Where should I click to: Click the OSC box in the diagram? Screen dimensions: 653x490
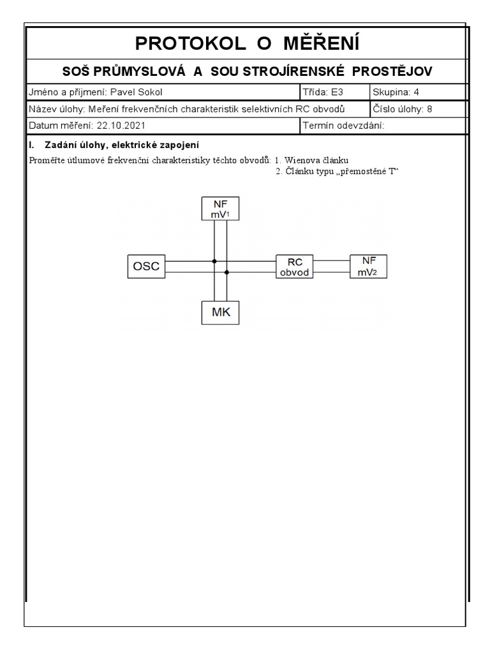[x=146, y=266]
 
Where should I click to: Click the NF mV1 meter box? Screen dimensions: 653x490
[x=219, y=209]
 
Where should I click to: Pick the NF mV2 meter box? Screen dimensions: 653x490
[x=369, y=267]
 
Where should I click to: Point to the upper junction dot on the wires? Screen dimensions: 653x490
[x=214, y=261]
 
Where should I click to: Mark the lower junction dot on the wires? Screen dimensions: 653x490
[x=227, y=272]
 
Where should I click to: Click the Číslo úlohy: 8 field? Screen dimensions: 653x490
[x=402, y=109]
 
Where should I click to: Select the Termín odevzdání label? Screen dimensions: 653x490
[x=344, y=126]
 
